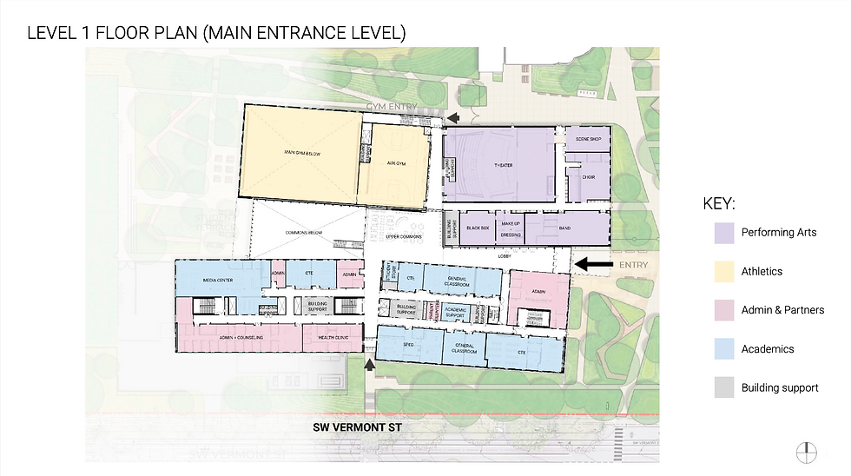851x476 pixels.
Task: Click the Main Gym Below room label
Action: pyautogui.click(x=302, y=153)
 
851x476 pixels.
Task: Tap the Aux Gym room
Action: pyautogui.click(x=397, y=162)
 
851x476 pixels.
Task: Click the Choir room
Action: pyautogui.click(x=589, y=178)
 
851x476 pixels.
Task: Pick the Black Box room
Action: pyautogui.click(x=478, y=228)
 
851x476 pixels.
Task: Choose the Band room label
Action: pyautogui.click(x=564, y=228)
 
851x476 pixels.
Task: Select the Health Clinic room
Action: pyautogui.click(x=333, y=338)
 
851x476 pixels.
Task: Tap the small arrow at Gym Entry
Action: pyautogui.click(x=453, y=117)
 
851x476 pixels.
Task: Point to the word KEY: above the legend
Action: pyautogui.click(x=720, y=204)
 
